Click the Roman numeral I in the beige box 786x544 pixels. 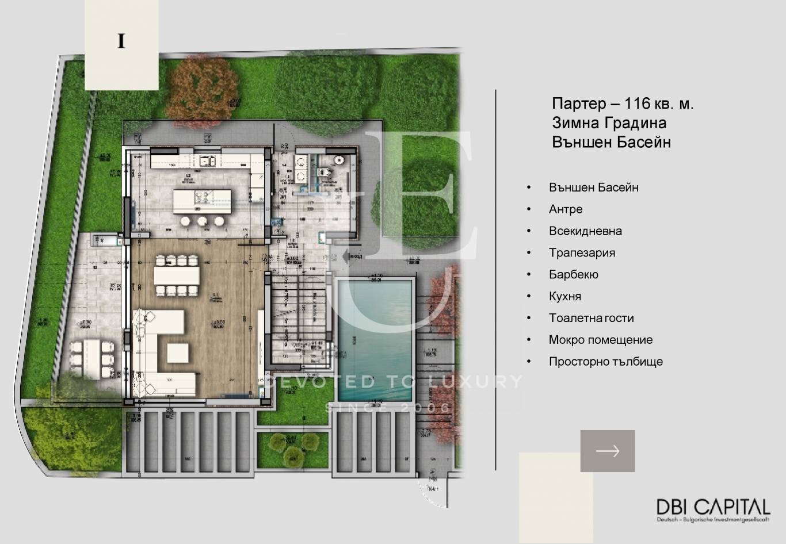coord(121,42)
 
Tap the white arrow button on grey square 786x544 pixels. coord(607,451)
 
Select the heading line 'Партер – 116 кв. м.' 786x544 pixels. coord(623,104)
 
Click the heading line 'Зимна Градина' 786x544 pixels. coord(609,122)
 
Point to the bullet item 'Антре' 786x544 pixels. coord(565,209)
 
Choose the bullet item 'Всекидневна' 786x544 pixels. coord(585,231)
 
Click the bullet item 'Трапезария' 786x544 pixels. coord(581,253)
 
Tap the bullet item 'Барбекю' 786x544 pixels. coord(573,275)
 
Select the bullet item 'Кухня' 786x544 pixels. coord(564,297)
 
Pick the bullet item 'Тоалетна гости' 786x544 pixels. coord(591,318)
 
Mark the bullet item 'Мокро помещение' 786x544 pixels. coord(600,340)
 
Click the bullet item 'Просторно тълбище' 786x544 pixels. coord(605,362)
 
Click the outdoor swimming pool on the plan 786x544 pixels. coord(375,339)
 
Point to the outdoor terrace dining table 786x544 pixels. coord(93,354)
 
